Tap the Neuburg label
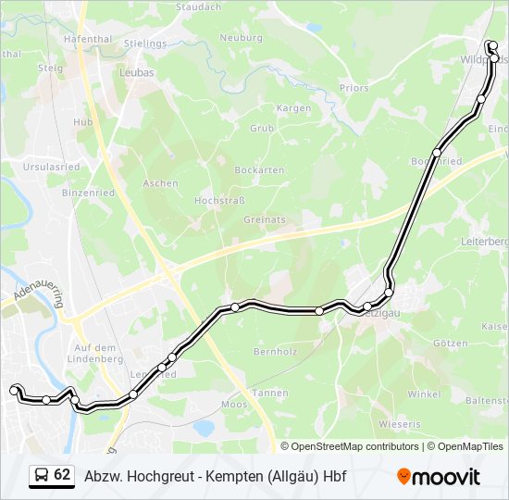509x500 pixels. point(241,37)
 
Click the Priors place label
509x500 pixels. point(354,89)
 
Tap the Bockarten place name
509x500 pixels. point(259,170)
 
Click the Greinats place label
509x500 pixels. point(264,219)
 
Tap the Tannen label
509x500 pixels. point(270,393)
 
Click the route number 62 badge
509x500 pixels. point(62,475)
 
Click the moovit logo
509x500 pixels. point(439,477)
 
